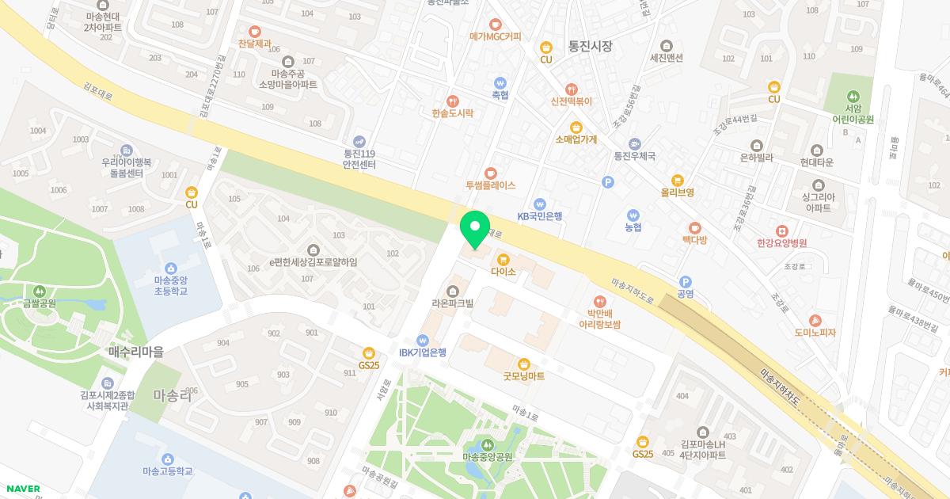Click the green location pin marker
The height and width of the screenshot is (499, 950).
coord(475,228)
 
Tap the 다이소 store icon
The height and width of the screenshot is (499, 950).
coord(503,259)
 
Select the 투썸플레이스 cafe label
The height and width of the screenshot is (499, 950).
coord(490,185)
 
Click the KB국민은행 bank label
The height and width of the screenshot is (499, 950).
coord(540,215)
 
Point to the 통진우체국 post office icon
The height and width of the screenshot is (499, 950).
coord(634,143)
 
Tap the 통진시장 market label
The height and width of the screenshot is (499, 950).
coord(590,47)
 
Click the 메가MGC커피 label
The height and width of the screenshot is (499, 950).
coord(496,36)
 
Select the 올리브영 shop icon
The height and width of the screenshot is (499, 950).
coord(677,180)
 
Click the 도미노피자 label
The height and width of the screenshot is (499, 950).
coord(815,333)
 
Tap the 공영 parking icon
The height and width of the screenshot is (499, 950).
coord(686,281)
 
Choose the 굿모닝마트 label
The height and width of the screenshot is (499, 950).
coord(523,376)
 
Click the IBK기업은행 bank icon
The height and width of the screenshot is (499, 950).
coord(423,339)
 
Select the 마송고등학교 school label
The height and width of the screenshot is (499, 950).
coord(167,471)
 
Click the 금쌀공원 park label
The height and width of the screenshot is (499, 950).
coord(39,303)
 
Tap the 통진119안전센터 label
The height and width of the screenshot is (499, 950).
coord(359,159)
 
